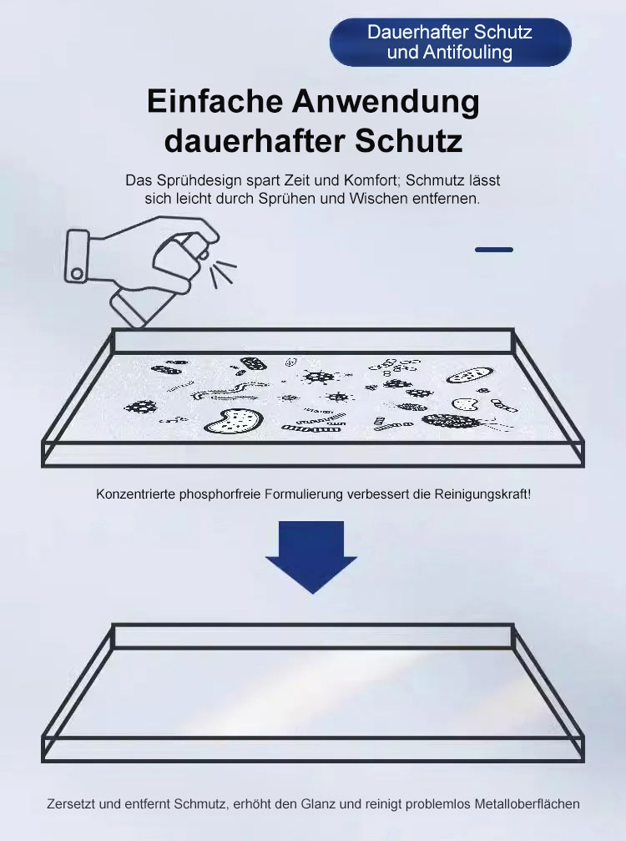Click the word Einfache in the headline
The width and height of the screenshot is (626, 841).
point(215,101)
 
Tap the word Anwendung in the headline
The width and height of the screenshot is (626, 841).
point(386,101)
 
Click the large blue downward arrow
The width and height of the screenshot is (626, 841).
point(311,556)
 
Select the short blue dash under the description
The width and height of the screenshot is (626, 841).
point(493,250)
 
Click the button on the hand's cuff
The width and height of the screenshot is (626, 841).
point(77,274)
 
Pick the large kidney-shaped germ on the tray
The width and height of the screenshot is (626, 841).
point(234,421)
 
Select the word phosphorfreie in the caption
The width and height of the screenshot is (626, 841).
point(220,494)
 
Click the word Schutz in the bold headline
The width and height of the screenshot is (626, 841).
point(408,141)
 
